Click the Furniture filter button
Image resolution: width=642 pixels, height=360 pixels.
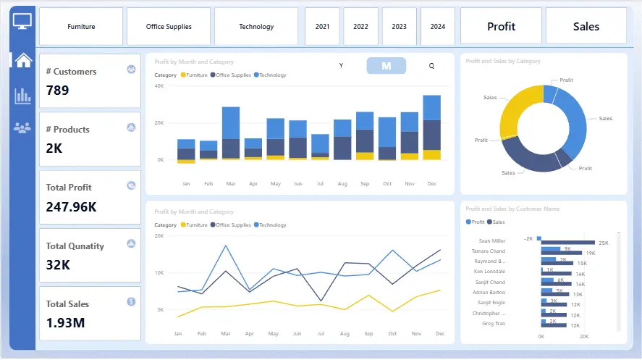(x=81, y=27)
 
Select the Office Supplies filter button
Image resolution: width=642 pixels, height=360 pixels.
(x=169, y=27)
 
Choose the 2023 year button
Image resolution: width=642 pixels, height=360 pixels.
(x=399, y=27)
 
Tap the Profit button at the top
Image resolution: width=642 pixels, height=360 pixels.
(x=501, y=27)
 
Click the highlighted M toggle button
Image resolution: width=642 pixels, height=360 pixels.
(x=387, y=66)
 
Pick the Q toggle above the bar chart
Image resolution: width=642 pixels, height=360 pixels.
(x=431, y=66)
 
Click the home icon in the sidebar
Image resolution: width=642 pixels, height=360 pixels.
(x=23, y=60)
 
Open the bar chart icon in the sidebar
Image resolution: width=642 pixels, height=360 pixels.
(x=23, y=95)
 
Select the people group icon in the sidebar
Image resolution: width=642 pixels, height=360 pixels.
(x=23, y=128)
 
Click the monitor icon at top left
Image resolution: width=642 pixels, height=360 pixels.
(x=22, y=22)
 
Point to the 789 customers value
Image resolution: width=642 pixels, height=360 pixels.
(x=58, y=91)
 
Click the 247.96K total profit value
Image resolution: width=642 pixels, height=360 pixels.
(x=71, y=206)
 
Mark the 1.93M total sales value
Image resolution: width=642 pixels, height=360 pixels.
(x=65, y=322)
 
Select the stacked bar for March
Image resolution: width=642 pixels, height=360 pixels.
(x=231, y=133)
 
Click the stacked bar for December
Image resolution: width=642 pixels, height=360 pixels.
(x=432, y=127)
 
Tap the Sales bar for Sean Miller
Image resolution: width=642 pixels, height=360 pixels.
(x=567, y=243)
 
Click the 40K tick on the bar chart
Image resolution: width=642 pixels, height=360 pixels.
(x=160, y=86)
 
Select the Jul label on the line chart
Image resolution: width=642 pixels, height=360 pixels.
(x=320, y=334)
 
